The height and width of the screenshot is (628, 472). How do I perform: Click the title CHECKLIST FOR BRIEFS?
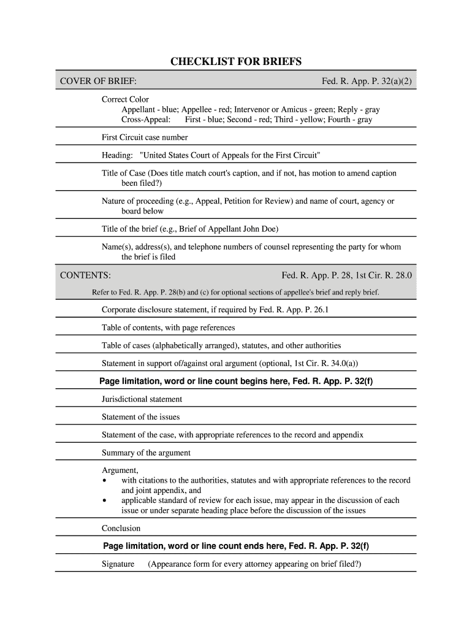[x=236, y=62]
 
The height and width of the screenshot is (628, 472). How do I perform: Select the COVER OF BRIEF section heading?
[x=98, y=82]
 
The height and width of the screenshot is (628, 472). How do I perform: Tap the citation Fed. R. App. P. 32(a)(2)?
[x=367, y=82]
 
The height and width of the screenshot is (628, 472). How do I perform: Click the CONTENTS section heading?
[x=85, y=275]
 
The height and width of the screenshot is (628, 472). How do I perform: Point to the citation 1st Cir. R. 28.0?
[x=382, y=275]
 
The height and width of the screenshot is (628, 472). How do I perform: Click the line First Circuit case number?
[x=145, y=137]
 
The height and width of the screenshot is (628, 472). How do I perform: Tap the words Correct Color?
[x=125, y=99]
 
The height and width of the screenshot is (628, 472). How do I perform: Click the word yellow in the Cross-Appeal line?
[x=311, y=120]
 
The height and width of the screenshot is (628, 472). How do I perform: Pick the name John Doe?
[x=261, y=229]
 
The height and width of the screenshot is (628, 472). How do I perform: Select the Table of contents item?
[x=168, y=327]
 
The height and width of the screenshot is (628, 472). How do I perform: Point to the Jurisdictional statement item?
[x=142, y=399]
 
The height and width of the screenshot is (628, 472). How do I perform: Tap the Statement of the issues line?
[x=140, y=417]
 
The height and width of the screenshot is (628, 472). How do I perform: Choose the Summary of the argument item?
[x=146, y=453]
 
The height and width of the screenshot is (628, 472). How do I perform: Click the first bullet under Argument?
[x=107, y=481]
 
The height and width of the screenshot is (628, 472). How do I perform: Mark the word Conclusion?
[x=121, y=528]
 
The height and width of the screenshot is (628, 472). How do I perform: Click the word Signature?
[x=118, y=564]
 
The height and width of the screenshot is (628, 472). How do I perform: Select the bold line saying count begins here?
[x=236, y=381]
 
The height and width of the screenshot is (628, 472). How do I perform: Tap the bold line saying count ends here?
[x=236, y=546]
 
